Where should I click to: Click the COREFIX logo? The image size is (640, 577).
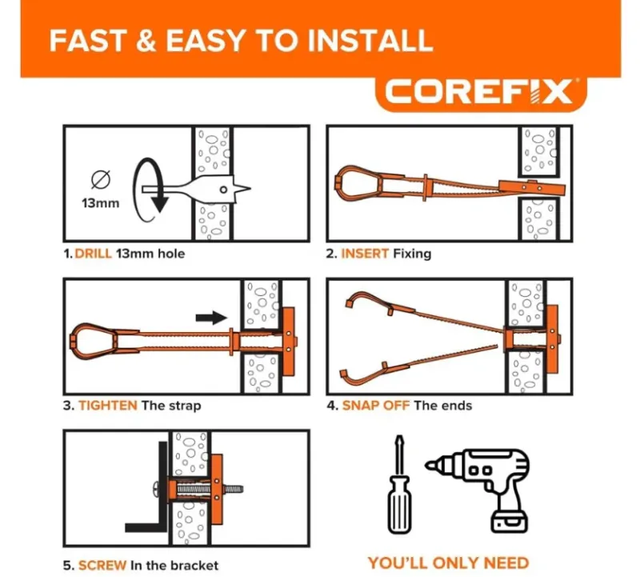tap(479, 91)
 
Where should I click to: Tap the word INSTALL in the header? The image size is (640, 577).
tap(370, 41)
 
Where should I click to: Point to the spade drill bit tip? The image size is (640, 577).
tap(250, 189)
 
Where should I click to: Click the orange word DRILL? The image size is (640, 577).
tap(93, 254)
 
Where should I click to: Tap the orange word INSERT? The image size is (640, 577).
tap(365, 254)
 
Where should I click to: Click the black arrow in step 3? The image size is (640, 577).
tap(211, 317)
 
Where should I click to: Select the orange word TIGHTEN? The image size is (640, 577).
tap(108, 406)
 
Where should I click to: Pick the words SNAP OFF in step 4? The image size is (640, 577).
tap(375, 406)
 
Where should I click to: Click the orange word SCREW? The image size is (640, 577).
tap(102, 565)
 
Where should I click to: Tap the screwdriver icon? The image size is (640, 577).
tap(399, 485)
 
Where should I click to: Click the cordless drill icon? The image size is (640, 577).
tap(482, 489)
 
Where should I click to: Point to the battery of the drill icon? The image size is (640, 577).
tap(510, 521)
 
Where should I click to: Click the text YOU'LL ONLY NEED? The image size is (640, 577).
tap(448, 563)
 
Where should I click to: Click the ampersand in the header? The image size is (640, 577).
tap(146, 41)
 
